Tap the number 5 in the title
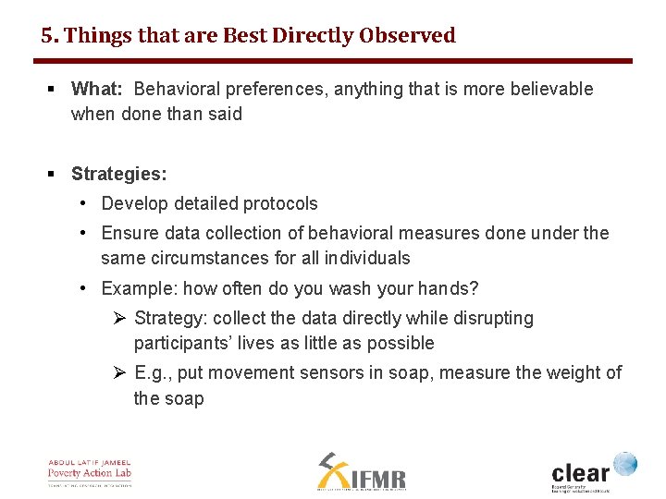coord(46,36)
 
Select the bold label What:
coord(97,90)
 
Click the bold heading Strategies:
coord(118,174)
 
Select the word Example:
coord(137,288)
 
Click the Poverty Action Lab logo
coord(90,471)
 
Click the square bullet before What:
coord(53,90)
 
